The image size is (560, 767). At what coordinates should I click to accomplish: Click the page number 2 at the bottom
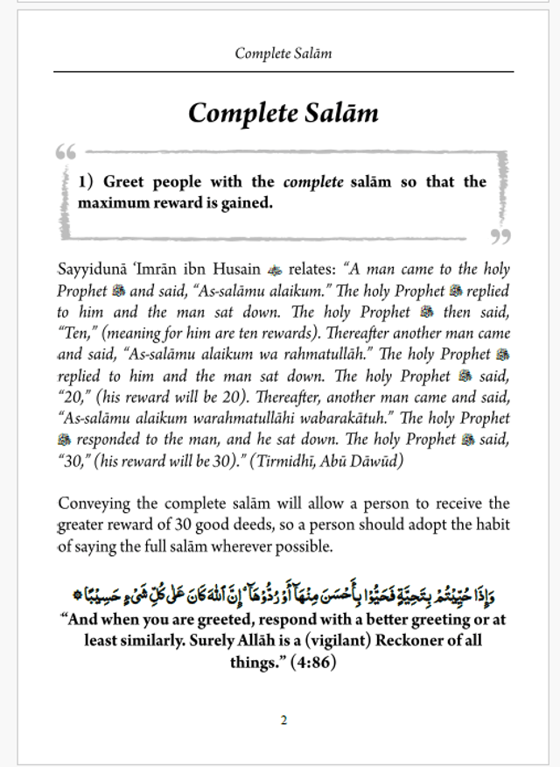tap(283, 721)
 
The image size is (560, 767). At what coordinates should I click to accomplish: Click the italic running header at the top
tap(283, 53)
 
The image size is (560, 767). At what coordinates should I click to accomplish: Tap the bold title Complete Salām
tap(283, 113)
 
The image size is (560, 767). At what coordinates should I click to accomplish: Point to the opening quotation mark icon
tap(66, 152)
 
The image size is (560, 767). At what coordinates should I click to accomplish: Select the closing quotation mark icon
tap(500, 236)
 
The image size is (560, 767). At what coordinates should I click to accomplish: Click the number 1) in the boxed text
tap(86, 182)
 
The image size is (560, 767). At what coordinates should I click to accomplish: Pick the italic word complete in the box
tap(312, 182)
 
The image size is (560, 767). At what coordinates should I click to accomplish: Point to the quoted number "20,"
tap(76, 398)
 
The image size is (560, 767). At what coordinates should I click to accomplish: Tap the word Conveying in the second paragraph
tap(94, 503)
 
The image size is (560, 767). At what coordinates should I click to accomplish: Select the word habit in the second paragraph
tap(490, 525)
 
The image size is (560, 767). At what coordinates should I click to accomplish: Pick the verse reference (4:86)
tap(309, 662)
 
